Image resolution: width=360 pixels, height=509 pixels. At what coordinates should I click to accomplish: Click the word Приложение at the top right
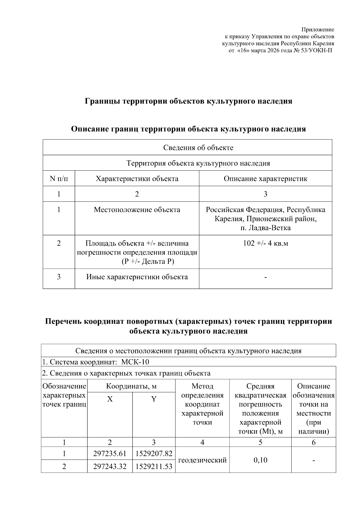click(x=317, y=29)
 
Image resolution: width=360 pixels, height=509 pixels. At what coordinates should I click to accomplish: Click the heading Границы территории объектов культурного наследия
click(x=188, y=101)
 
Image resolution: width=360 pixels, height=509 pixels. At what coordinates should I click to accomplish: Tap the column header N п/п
click(x=59, y=179)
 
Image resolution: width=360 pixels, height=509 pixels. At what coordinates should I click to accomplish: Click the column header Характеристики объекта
click(x=137, y=179)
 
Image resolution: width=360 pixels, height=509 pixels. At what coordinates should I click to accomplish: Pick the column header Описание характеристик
click(x=265, y=179)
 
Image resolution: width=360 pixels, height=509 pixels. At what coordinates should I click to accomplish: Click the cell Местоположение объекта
click(x=137, y=210)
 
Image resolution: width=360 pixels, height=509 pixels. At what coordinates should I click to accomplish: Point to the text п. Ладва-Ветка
click(x=265, y=228)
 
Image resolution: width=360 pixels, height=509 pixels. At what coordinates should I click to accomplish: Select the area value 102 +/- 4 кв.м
click(x=265, y=243)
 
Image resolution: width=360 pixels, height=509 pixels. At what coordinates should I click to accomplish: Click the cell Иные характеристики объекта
click(x=137, y=277)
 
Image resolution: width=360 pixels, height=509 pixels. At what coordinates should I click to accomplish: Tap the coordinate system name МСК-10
click(x=135, y=362)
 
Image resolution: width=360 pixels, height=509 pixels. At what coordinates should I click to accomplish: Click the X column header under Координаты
click(x=110, y=399)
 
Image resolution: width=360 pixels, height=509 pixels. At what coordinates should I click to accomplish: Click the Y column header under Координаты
click(x=154, y=399)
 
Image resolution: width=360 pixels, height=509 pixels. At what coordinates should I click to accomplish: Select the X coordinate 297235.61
click(x=110, y=454)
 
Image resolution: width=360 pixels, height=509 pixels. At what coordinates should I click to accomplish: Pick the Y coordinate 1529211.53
click(x=154, y=466)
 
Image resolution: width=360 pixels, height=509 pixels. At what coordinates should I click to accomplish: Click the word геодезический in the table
click(x=202, y=460)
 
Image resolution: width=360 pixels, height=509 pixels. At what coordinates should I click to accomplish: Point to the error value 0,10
click(x=260, y=460)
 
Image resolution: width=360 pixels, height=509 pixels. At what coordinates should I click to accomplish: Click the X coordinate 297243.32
click(x=110, y=466)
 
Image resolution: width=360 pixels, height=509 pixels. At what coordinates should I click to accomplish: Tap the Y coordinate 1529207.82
click(x=154, y=454)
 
